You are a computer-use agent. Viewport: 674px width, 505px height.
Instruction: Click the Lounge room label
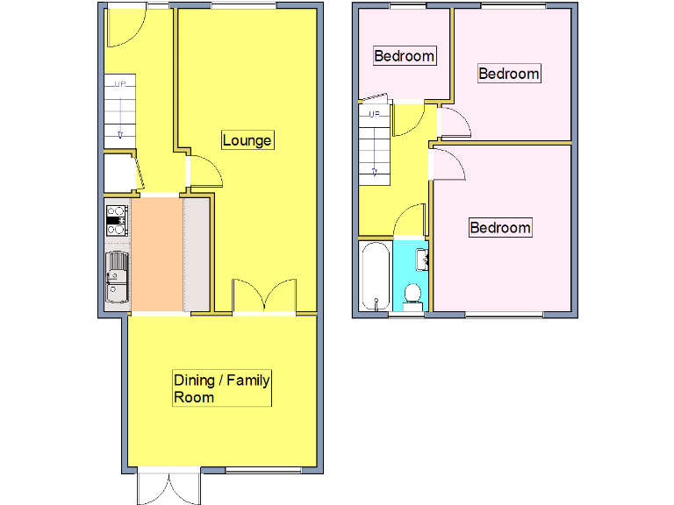(247, 140)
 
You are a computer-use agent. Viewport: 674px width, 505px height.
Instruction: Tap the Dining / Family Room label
(221, 388)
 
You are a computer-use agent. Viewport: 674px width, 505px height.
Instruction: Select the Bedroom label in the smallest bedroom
(404, 56)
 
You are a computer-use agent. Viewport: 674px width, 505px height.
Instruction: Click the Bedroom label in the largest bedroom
(500, 228)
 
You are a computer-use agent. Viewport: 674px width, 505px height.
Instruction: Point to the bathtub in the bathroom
(376, 277)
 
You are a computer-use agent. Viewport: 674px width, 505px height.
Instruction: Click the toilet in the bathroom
(412, 295)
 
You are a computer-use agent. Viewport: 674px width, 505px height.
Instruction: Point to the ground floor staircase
(120, 112)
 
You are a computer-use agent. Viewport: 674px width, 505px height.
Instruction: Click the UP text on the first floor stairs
(374, 114)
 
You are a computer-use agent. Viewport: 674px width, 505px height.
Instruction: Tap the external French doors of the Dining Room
(168, 487)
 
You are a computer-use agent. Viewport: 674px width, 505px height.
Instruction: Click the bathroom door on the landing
(411, 223)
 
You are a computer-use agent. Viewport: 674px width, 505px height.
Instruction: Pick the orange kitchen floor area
(156, 254)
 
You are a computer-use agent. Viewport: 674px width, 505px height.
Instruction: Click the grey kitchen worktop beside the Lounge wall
(197, 254)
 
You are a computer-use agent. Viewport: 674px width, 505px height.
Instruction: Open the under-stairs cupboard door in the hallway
(136, 173)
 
